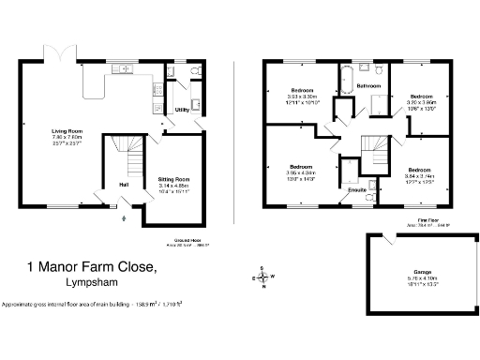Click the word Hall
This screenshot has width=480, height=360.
coord(124,185)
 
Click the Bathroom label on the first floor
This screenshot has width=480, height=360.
coord(368,86)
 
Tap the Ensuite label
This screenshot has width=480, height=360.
coord(356,189)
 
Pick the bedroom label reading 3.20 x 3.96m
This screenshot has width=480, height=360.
coord(422,97)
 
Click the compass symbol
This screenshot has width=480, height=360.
coord(264,277)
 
